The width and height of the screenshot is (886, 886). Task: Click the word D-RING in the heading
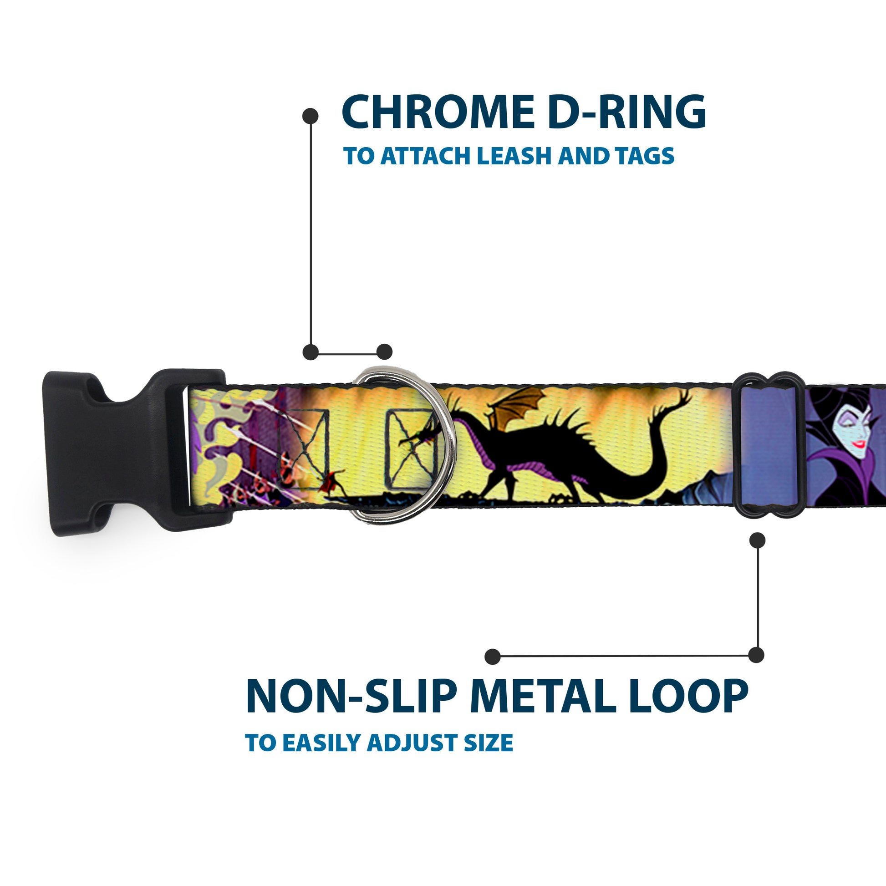point(627,112)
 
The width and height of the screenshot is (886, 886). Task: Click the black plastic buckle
point(115,452)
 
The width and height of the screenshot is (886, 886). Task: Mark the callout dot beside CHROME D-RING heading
point(311,116)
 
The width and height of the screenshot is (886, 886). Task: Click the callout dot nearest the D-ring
point(384,352)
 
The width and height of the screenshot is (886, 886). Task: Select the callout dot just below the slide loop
point(757,540)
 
